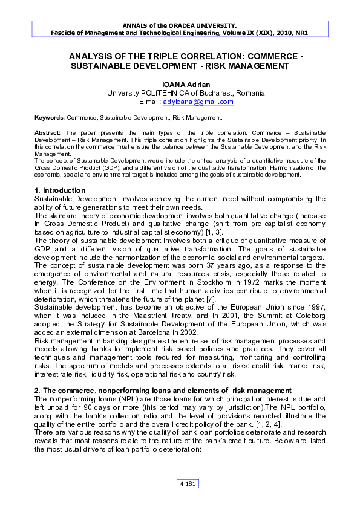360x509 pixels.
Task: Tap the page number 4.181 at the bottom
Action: [x=187, y=484]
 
